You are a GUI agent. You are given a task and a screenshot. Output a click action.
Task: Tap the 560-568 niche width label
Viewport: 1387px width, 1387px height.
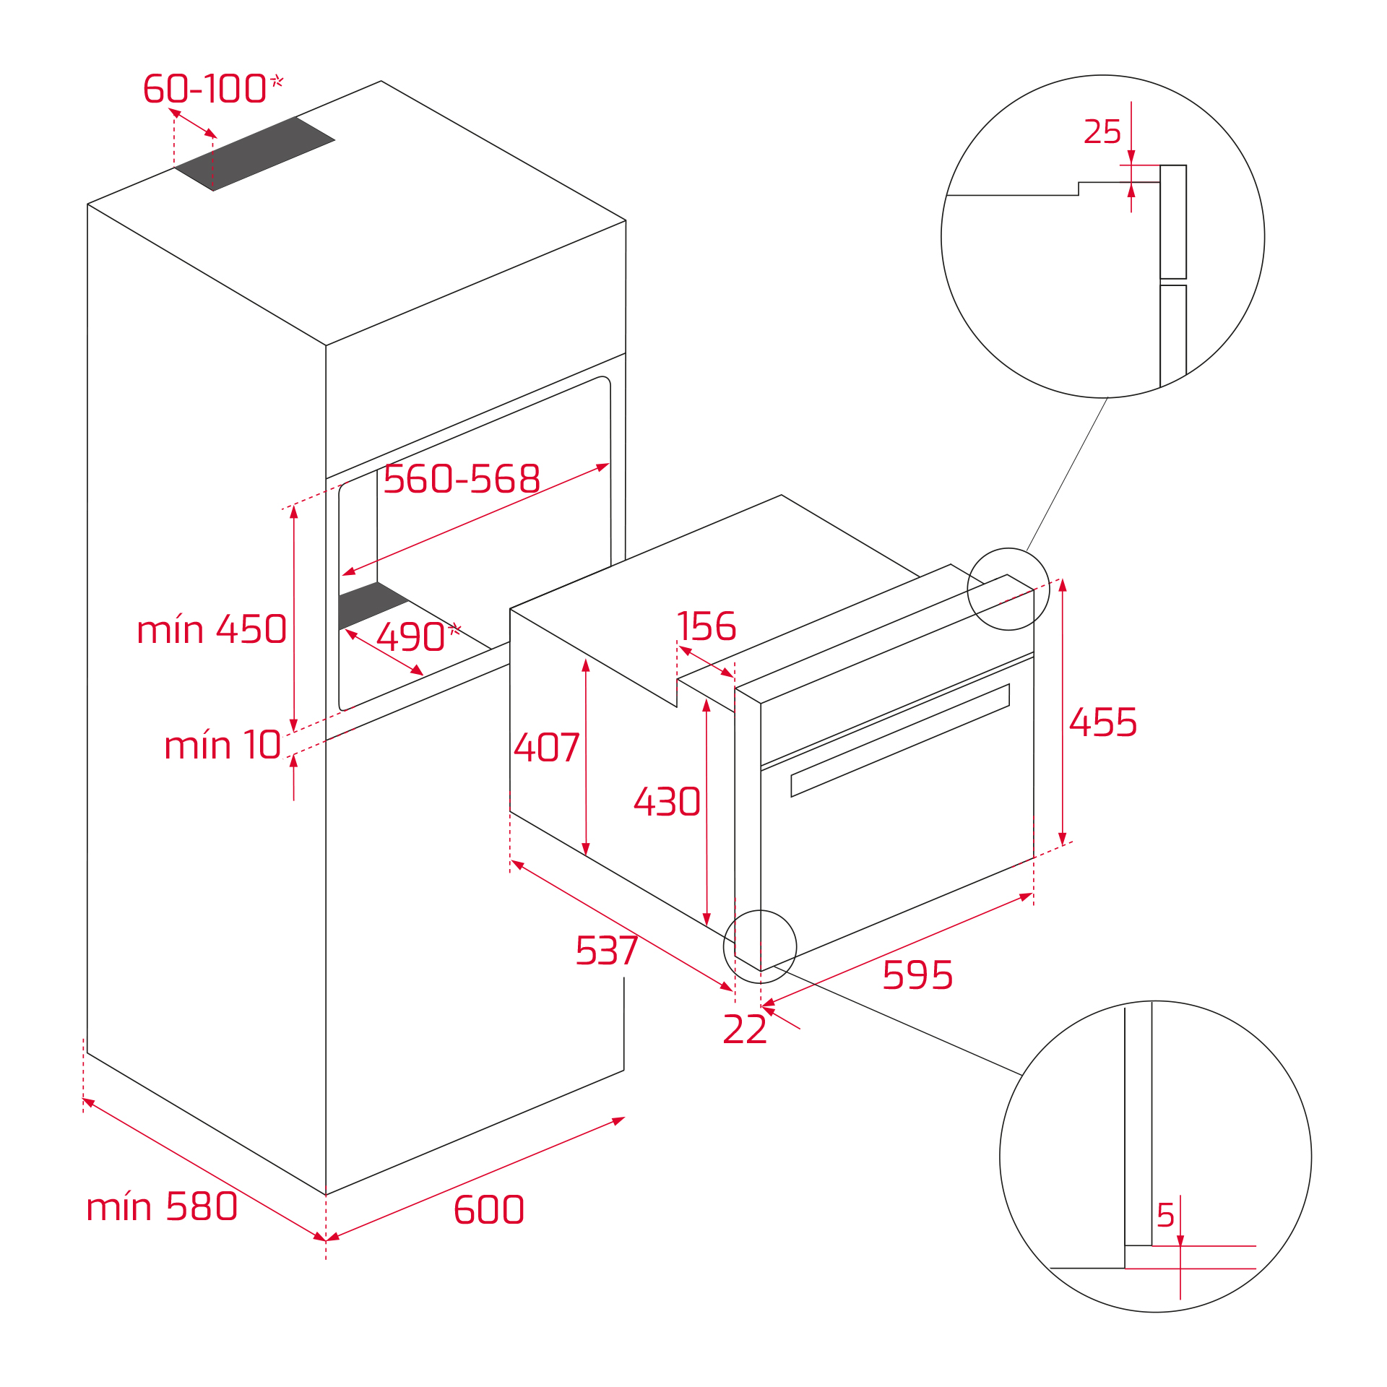click(462, 479)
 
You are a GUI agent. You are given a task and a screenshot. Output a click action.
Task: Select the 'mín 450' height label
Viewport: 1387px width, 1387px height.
click(212, 630)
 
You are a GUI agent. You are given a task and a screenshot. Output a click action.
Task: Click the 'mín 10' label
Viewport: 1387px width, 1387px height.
click(222, 746)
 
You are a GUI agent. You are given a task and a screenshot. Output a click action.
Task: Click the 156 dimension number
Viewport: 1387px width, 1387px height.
click(707, 626)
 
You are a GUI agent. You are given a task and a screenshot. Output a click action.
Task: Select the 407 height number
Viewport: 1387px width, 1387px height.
click(547, 748)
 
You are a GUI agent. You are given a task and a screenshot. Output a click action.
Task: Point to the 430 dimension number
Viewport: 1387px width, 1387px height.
click(667, 802)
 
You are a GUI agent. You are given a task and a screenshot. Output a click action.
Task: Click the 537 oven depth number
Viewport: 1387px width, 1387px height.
click(607, 951)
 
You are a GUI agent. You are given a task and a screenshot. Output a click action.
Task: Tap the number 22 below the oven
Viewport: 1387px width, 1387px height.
click(745, 1029)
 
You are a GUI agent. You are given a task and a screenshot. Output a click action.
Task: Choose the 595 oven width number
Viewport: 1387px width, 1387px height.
click(917, 975)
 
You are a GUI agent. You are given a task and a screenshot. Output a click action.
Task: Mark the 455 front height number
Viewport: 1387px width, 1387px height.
click(1103, 722)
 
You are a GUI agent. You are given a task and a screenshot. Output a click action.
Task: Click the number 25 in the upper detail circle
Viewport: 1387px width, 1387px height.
click(1102, 132)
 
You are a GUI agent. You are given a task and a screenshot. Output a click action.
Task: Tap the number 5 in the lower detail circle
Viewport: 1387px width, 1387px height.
click(1165, 1216)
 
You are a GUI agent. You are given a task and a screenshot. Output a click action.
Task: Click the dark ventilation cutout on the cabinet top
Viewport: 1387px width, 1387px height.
click(254, 154)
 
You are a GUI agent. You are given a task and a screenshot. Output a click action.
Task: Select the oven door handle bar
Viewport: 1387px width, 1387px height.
click(900, 740)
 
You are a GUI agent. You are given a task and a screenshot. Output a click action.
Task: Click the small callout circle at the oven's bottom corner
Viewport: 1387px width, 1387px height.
click(760, 946)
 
